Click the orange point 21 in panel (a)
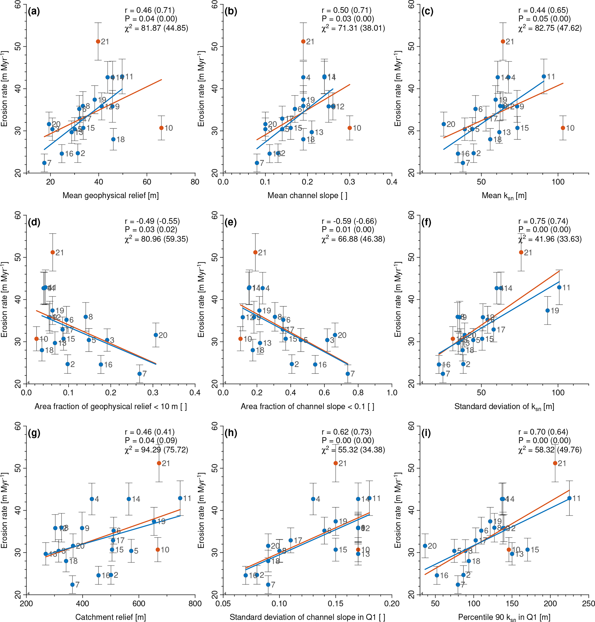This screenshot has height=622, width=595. pos(98,41)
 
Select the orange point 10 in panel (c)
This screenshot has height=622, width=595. pos(563,128)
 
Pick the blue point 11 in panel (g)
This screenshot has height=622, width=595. pos(180,498)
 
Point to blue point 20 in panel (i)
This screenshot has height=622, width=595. pos(425,546)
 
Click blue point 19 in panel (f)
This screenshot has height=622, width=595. pos(548,311)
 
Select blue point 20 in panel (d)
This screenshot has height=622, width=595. pos(156,335)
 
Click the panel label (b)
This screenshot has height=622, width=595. pos(230,12)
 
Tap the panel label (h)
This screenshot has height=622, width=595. pos(230,433)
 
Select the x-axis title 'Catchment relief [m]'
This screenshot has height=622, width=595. pos(110,617)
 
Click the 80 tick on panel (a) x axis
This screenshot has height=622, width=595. pos(195,182)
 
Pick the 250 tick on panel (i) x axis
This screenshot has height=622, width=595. pos(589,604)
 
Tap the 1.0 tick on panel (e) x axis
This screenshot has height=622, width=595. pos(392,393)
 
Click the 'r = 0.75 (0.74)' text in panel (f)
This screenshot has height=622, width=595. pos(543,221)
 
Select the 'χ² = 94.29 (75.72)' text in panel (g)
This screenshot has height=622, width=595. pos(156,450)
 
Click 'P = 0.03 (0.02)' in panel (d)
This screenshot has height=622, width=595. pos(151,230)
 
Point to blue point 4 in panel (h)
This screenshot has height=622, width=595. pos(313,499)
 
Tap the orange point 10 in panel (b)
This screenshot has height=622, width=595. pos(350,128)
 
